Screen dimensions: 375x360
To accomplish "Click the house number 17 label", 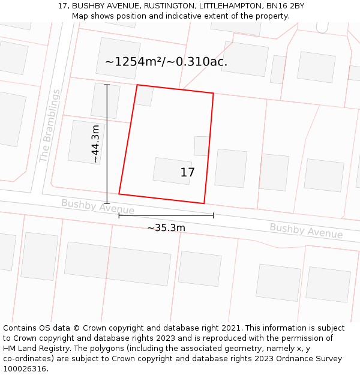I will click(x=187, y=173).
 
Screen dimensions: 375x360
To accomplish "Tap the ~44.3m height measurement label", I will click(x=95, y=144).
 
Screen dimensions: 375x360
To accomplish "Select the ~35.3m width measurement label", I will click(x=166, y=228).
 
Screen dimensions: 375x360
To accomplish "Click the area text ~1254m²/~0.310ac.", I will click(x=166, y=62).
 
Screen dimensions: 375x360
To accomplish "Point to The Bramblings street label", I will click(x=50, y=126).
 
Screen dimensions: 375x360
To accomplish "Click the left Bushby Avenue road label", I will click(x=98, y=206).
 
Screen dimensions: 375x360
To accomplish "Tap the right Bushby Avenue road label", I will click(x=306, y=231).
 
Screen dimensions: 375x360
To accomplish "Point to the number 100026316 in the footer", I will click(x=25, y=369).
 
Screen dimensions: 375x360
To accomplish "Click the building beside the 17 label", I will click(x=172, y=170).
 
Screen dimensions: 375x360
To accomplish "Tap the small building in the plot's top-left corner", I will click(x=144, y=96).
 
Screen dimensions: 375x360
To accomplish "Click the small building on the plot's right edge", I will click(x=202, y=146).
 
